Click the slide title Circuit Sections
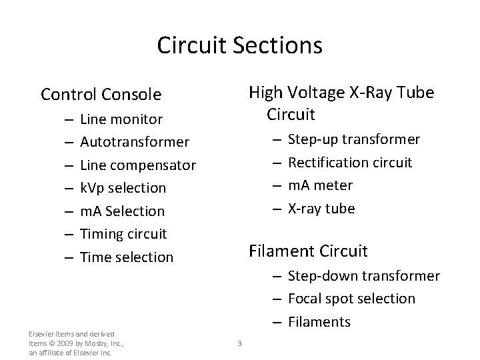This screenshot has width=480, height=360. click(x=239, y=45)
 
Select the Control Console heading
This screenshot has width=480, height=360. click(x=101, y=95)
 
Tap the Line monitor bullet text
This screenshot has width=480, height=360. click(x=121, y=119)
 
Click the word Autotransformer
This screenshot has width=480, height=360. click(x=134, y=142)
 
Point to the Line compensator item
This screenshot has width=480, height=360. click(x=137, y=165)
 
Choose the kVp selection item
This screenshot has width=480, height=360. click(x=123, y=188)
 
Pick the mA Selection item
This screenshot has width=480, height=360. click(x=122, y=211)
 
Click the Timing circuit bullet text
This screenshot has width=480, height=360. click(x=123, y=233)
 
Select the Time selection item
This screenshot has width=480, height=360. click(x=126, y=257)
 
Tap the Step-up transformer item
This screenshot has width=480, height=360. click(x=353, y=139)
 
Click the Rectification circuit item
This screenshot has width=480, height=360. click(x=349, y=162)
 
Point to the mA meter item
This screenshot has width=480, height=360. click(x=320, y=185)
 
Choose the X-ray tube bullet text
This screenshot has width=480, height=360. click(x=321, y=208)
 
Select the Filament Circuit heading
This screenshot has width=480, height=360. click(x=308, y=251)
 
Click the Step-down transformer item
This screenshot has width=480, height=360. click(x=363, y=276)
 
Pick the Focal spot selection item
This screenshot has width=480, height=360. click(x=351, y=299)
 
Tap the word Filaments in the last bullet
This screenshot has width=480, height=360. click(x=319, y=322)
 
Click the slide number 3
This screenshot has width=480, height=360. click(x=239, y=343)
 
